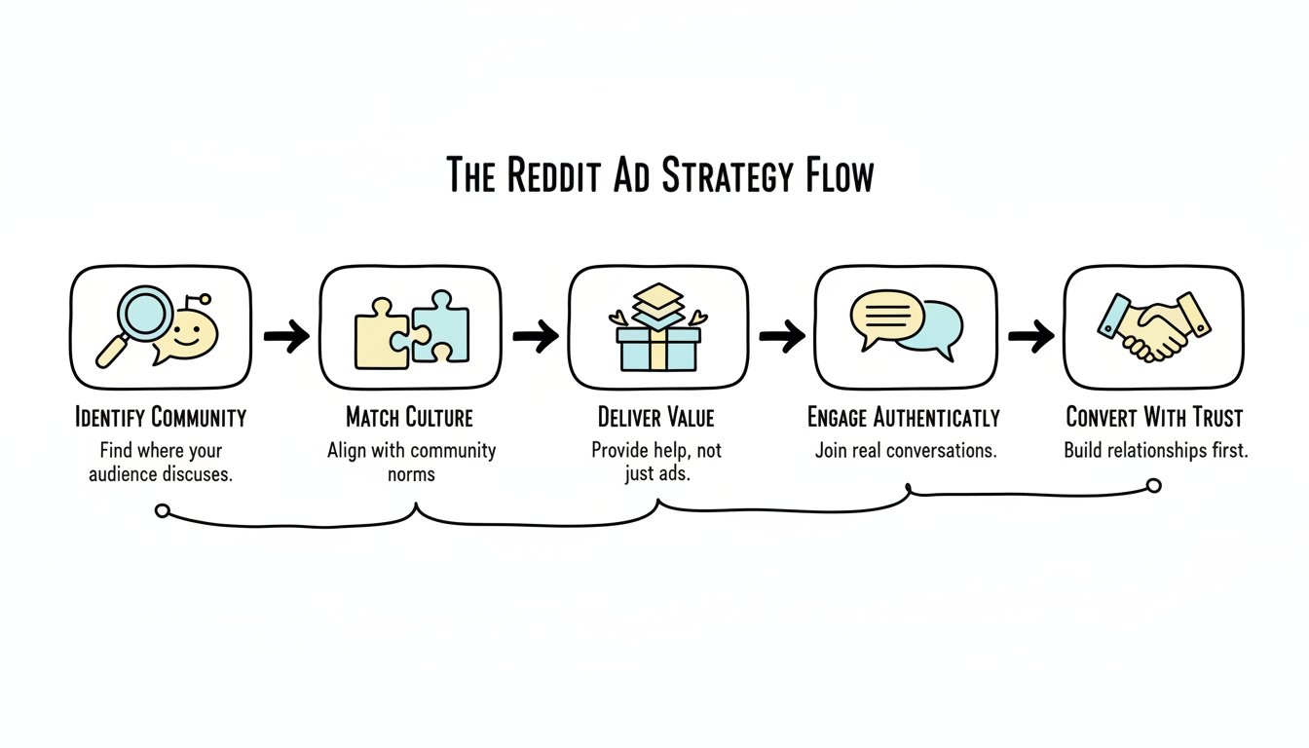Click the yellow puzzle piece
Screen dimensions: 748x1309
[x=381, y=333]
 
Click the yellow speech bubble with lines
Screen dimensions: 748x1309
[x=886, y=316]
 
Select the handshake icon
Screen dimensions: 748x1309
[x=1153, y=328]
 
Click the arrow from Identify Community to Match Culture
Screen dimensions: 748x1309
[x=286, y=337]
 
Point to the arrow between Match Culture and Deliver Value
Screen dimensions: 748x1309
[x=536, y=337]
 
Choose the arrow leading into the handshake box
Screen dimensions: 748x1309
[x=1030, y=337]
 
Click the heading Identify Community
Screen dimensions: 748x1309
[x=161, y=419]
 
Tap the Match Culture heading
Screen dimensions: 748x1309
[x=410, y=419]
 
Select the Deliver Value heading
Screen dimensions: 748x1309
[x=656, y=419]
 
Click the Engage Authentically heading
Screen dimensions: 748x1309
[x=904, y=419]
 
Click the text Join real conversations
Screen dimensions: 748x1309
[x=905, y=452]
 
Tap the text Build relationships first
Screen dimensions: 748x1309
[x=1155, y=451]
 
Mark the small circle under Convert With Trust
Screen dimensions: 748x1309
[x=1154, y=485]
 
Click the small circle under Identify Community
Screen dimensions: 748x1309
[x=163, y=510]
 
